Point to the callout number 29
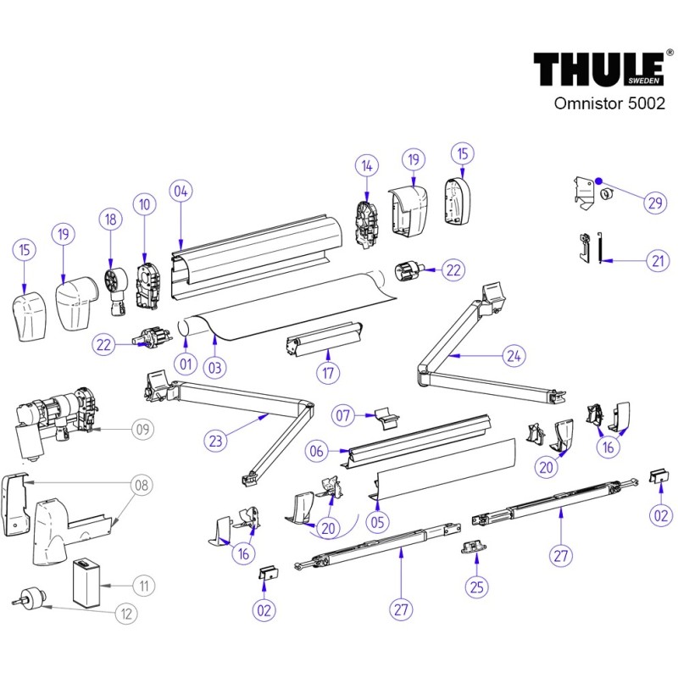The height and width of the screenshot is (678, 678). [654, 203]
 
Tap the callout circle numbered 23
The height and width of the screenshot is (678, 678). [216, 440]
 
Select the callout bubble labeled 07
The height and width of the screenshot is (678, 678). [343, 415]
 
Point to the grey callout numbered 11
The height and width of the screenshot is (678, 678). [145, 584]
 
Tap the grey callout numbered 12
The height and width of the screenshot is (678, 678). [127, 613]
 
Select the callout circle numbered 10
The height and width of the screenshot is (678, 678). [144, 204]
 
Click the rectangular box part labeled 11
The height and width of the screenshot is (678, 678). [86, 582]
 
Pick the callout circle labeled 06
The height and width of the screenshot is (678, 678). [317, 453]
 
